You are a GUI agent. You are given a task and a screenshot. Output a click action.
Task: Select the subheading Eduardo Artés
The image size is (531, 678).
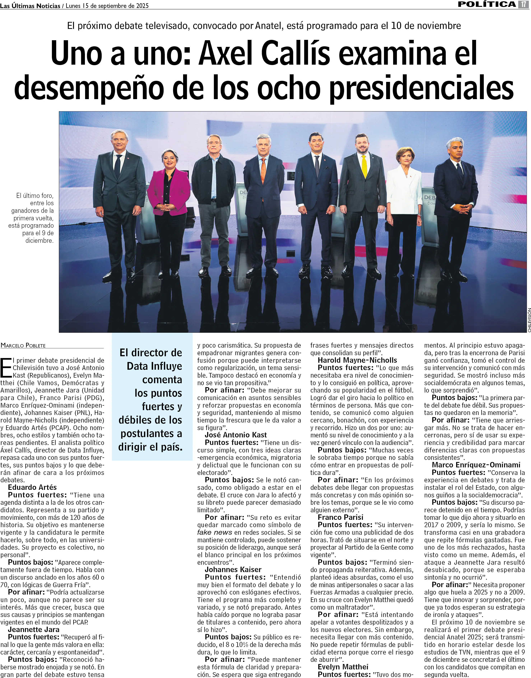click(x=32, y=487)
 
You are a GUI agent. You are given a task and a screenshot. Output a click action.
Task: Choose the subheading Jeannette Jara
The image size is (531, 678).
click(x=34, y=630)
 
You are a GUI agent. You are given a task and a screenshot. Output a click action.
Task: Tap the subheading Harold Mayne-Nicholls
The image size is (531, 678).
click(x=357, y=360)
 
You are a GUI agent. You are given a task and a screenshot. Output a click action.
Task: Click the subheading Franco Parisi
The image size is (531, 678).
click(x=340, y=517)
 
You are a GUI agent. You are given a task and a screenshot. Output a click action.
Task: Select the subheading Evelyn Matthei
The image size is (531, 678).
click(x=343, y=667)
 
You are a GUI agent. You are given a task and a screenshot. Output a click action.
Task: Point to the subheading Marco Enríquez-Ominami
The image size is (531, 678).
click(x=476, y=465)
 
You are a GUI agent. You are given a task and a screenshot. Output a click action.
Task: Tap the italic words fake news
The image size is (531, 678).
click(x=215, y=532)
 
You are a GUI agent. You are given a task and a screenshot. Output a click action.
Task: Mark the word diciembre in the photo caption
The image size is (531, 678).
click(x=39, y=241)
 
